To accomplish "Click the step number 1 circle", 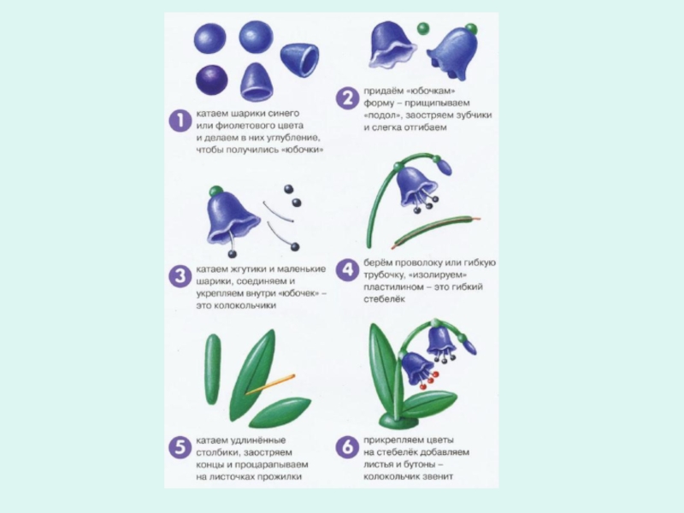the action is click(180, 121).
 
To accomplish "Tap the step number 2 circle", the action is click(347, 97).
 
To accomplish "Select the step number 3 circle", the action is click(180, 275).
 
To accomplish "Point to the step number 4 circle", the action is click(347, 269).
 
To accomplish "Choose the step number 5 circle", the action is click(180, 447).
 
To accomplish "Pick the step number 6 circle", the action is click(347, 447).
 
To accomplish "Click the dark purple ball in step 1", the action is click(211, 80).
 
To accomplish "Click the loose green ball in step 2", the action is click(422, 29).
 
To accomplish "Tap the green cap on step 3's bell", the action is click(216, 191).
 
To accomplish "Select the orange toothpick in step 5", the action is click(270, 384).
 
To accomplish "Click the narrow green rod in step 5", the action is click(213, 369).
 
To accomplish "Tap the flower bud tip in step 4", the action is click(445, 166).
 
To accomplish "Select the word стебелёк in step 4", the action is click(384, 299).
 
